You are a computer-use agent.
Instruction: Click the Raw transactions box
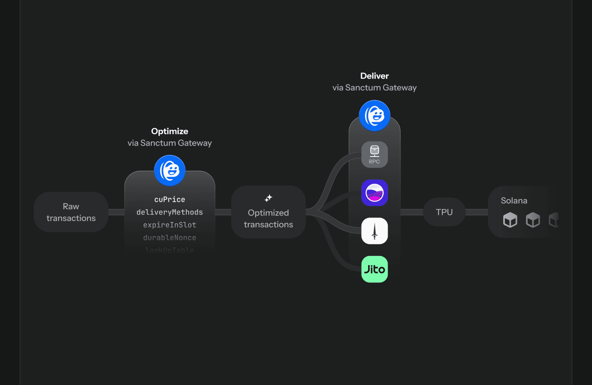click(71, 212)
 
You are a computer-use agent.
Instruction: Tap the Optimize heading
click(170, 131)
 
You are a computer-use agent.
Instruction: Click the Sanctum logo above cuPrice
click(170, 170)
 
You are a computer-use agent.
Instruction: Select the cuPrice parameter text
click(170, 199)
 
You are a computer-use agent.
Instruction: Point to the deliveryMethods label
click(170, 212)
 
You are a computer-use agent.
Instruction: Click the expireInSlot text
click(170, 225)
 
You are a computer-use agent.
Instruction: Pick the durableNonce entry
click(170, 237)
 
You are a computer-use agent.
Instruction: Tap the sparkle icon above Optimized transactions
click(268, 198)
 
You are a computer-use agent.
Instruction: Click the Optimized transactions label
click(268, 219)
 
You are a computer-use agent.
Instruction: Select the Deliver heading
click(374, 76)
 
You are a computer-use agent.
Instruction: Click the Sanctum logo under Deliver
click(374, 115)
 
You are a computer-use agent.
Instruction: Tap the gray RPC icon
click(374, 155)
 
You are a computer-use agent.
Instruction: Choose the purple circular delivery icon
click(374, 193)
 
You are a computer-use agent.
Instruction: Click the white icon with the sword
click(374, 231)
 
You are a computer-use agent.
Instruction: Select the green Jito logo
click(374, 269)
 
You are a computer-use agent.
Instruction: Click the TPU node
click(444, 212)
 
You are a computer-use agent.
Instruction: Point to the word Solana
click(514, 201)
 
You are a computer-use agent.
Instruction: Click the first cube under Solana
click(510, 220)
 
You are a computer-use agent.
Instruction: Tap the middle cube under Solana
click(533, 220)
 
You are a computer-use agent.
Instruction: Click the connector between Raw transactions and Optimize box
click(116, 212)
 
